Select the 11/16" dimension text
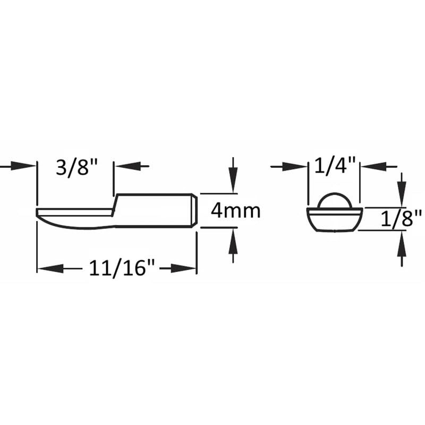pyautogui.click(x=117, y=269)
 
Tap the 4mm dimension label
pyautogui.click(x=235, y=211)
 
